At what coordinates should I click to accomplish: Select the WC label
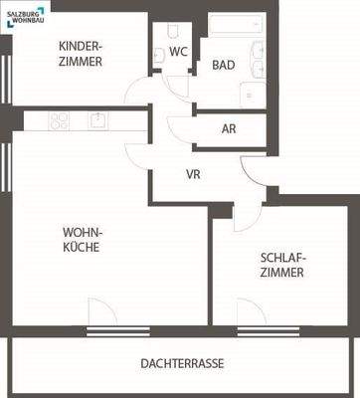coord(179,51)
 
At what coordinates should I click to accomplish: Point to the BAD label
coord(224,66)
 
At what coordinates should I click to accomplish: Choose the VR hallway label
coord(195,173)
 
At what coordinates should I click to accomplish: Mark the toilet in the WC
coord(160,53)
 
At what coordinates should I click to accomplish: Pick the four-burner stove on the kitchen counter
coord(59,120)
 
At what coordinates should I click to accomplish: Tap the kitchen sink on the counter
coord(99,120)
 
